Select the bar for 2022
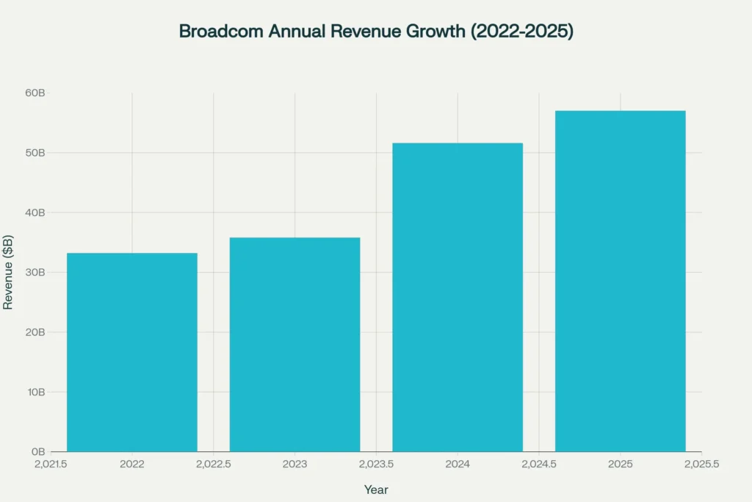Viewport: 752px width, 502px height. pyautogui.click(x=132, y=352)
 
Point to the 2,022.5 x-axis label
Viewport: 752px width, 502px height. pyautogui.click(x=214, y=465)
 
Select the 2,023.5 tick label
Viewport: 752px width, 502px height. pyautogui.click(x=376, y=465)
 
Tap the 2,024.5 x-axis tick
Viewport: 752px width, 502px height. pyautogui.click(x=539, y=465)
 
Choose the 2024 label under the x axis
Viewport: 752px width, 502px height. pyautogui.click(x=458, y=465)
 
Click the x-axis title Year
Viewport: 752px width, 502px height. pyautogui.click(x=376, y=490)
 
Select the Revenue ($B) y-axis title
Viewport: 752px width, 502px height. pyautogui.click(x=8, y=272)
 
